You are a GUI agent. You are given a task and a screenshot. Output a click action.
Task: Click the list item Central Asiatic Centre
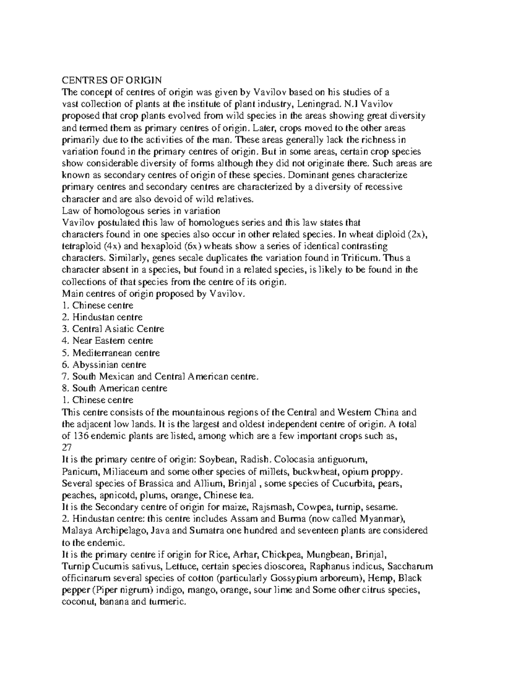[x=113, y=329]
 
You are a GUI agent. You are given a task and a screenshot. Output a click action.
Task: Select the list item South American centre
[x=115, y=388]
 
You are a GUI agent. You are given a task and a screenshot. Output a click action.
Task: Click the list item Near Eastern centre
[x=107, y=341]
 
